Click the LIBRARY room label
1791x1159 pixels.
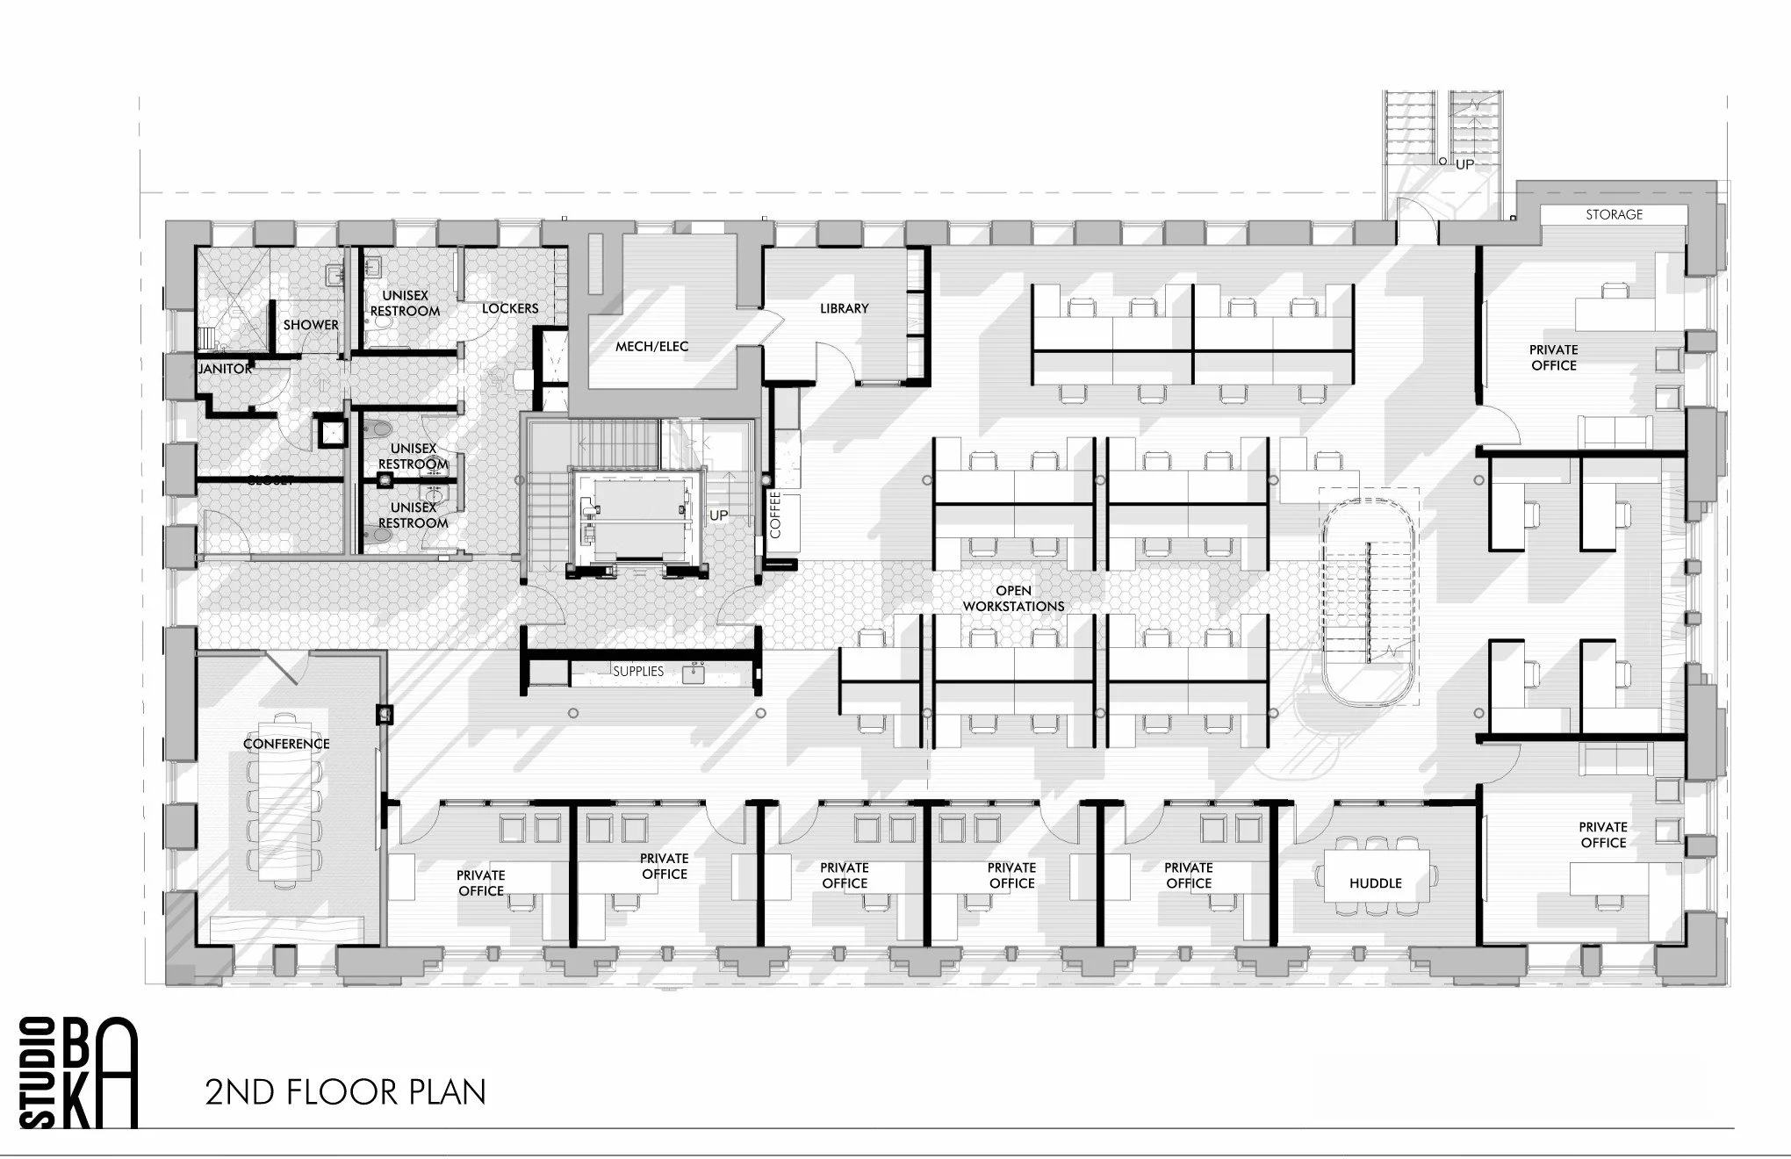844,308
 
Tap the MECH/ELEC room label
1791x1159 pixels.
651,346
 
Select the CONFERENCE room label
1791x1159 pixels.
286,744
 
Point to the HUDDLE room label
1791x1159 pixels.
1375,883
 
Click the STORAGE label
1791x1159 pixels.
1614,214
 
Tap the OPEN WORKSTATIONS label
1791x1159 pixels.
1013,598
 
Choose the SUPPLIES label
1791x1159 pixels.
638,671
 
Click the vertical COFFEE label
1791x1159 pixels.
775,515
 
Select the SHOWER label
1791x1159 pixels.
311,325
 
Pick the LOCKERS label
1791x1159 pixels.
510,308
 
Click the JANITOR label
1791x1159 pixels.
225,369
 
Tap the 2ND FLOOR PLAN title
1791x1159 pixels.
345,1092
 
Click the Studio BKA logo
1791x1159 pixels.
78,1073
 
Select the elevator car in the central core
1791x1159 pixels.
638,513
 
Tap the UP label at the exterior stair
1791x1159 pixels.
1464,164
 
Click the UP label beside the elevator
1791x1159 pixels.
718,515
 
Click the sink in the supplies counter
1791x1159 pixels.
698,673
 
